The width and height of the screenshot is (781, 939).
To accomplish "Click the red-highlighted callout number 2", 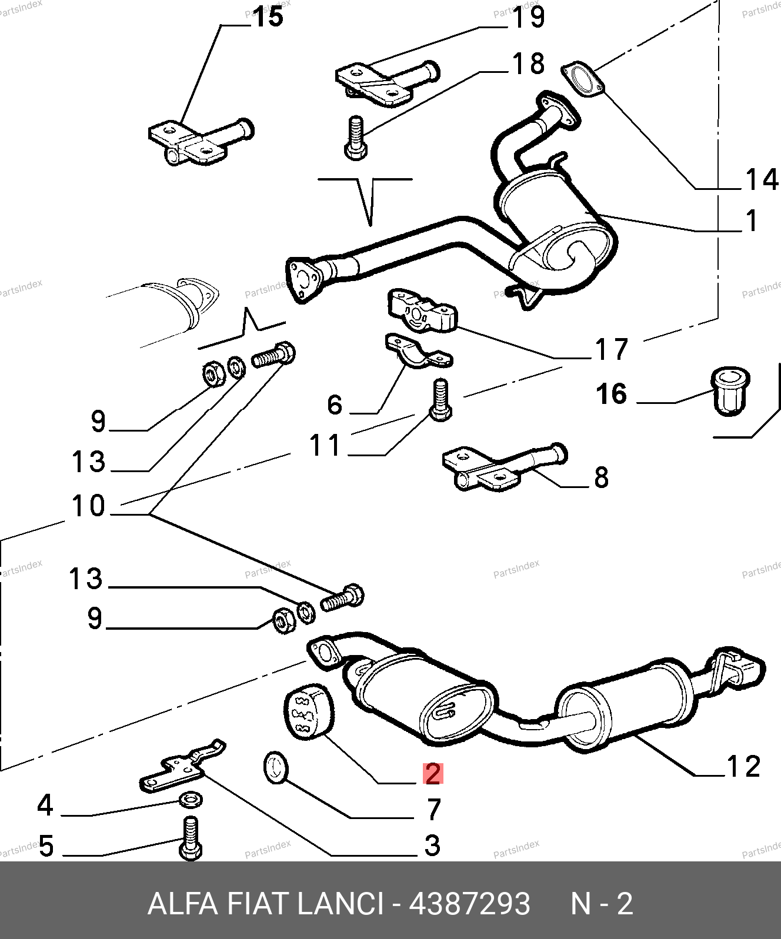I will [433, 774].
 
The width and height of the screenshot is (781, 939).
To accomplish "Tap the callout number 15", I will [268, 17].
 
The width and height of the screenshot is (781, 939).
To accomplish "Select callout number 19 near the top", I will [528, 17].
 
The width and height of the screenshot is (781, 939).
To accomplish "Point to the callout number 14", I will [762, 179].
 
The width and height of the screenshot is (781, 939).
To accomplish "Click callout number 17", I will [612, 349].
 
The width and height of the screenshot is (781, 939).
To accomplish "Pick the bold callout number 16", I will [612, 394].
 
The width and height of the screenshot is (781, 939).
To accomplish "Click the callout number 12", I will [743, 767].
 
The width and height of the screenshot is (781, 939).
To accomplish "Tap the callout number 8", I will [601, 477].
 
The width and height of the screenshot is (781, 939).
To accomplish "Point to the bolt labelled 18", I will [356, 138].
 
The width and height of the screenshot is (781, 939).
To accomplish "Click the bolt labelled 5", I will [190, 838].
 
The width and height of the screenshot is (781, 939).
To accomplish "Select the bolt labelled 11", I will [440, 400].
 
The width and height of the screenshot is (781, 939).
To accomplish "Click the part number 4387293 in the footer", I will [469, 903].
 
